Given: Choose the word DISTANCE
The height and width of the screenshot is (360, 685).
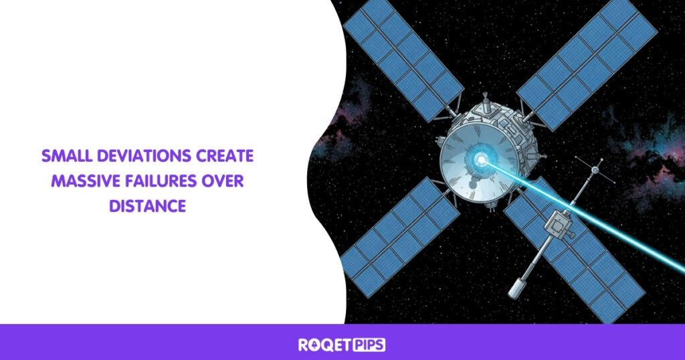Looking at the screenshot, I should tap(146, 206).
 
